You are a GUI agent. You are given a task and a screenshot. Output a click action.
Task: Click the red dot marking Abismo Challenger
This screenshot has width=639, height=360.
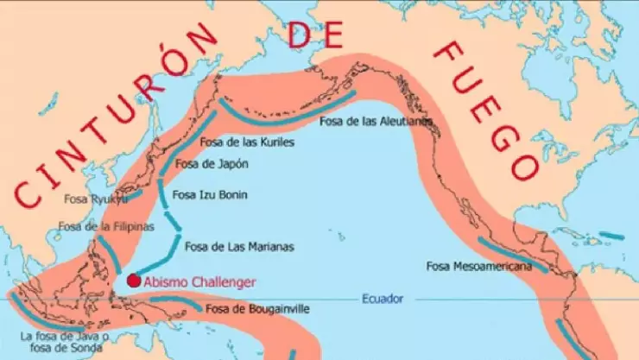tap(133, 280)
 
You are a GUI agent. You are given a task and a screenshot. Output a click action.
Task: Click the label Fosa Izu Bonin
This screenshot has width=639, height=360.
tap(210, 195)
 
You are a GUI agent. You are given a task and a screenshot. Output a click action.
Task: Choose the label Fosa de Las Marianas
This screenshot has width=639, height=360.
tap(239, 247)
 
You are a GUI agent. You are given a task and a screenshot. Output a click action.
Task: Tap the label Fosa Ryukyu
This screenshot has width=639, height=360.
tap(95, 199)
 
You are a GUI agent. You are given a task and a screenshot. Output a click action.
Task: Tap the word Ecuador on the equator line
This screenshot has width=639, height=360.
tap(382, 300)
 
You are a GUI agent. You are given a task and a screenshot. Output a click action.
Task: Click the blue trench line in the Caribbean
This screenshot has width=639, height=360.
tap(611, 235)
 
